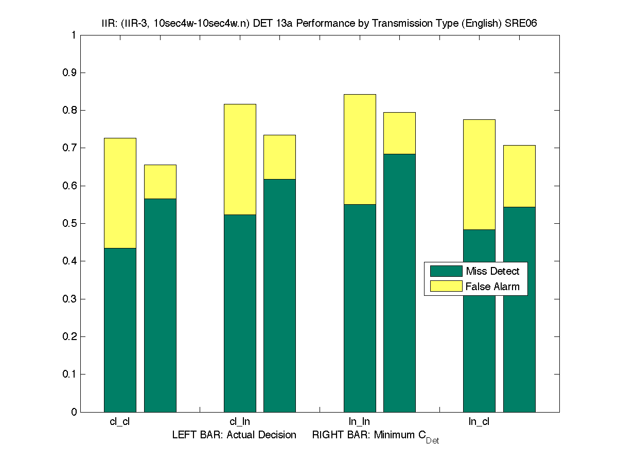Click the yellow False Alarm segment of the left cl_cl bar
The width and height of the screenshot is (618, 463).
click(120, 193)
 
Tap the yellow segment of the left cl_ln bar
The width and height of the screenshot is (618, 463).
click(240, 159)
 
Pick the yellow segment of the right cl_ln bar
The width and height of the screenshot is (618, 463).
click(279, 157)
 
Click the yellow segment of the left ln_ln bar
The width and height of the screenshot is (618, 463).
click(360, 149)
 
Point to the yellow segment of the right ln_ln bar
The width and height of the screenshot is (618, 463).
click(399, 133)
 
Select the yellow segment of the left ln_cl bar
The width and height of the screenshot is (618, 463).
click(479, 174)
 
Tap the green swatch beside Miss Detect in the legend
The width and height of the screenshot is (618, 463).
click(446, 271)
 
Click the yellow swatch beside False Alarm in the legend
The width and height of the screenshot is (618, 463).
click(446, 287)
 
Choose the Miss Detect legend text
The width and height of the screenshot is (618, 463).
click(492, 271)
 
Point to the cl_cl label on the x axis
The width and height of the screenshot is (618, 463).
click(120, 422)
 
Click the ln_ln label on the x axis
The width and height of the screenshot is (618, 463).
click(359, 422)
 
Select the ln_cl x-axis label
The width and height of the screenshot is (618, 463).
click(479, 422)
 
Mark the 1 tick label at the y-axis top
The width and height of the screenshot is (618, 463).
click(74, 35)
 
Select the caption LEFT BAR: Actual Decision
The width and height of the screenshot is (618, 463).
click(234, 435)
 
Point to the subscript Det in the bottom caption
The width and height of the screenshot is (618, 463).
click(432, 441)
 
